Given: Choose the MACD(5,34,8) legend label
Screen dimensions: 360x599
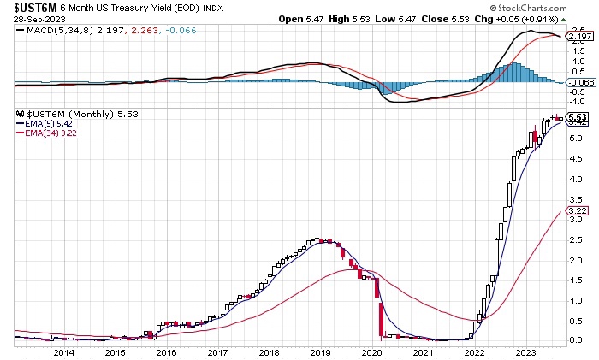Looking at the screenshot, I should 54,32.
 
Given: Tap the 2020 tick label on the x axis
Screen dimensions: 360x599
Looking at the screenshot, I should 372,351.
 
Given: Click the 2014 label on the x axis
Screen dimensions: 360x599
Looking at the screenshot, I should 63,351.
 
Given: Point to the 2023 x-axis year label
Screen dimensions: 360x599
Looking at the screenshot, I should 526,351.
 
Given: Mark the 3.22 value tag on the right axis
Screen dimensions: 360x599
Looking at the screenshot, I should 578,210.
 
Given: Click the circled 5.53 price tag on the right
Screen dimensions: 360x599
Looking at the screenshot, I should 578,117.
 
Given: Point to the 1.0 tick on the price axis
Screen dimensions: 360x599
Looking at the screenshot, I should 577,300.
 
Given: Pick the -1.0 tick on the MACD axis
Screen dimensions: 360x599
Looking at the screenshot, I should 578,101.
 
